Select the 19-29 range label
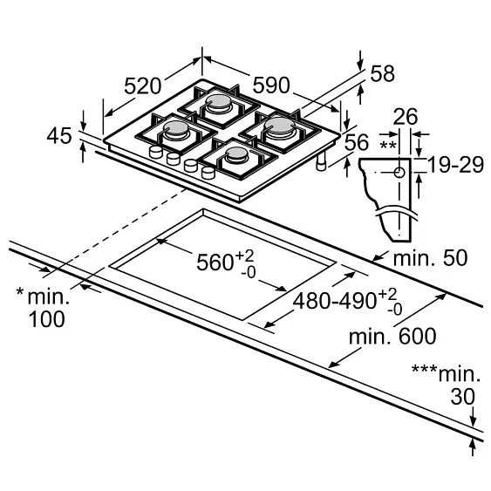coord(455,165)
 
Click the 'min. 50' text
coord(429,258)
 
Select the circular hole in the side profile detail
coord(399,172)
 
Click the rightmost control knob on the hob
coord(208,173)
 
